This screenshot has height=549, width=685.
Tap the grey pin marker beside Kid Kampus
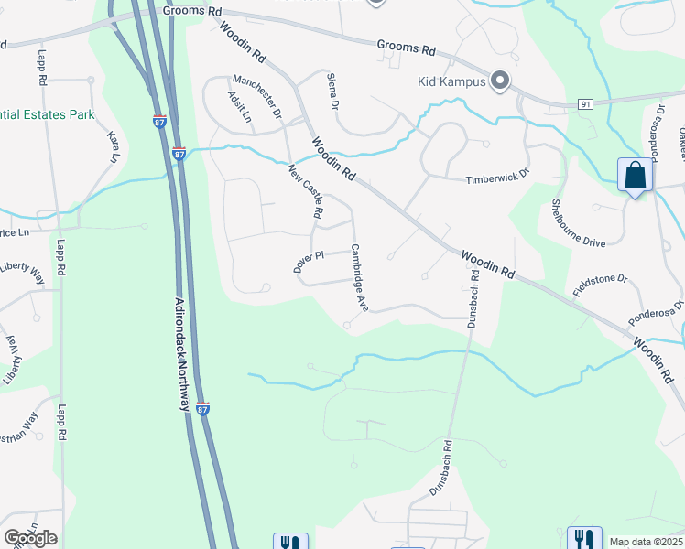click(500, 81)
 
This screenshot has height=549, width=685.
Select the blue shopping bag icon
click(636, 175)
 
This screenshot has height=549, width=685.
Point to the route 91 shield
click(585, 104)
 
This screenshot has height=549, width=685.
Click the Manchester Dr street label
click(256, 94)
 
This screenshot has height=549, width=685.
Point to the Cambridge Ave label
click(359, 276)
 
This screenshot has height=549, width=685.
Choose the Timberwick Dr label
click(497, 174)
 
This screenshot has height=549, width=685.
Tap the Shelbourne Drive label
click(579, 224)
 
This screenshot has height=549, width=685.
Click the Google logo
click(30, 537)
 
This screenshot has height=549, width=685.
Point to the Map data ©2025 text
click(646, 542)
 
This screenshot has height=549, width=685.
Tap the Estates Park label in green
click(48, 116)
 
